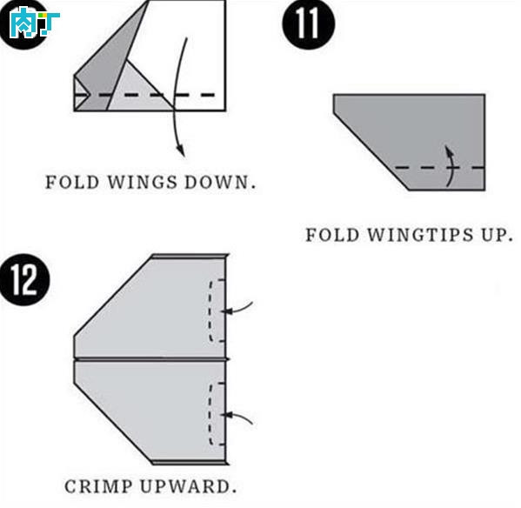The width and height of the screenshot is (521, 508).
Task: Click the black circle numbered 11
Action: (x=309, y=23)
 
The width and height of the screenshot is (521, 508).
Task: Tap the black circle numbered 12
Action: (x=24, y=280)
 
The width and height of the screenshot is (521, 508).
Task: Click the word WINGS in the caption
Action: (x=142, y=183)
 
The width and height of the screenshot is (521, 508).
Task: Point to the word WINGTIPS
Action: (x=420, y=235)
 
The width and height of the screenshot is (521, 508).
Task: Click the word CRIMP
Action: (x=98, y=487)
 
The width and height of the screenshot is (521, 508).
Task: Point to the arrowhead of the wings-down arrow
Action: (x=181, y=150)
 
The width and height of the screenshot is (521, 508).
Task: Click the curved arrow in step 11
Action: (x=451, y=166)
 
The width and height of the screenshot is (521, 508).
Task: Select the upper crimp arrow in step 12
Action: (x=237, y=308)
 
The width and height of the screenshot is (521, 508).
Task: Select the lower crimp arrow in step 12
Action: (x=237, y=418)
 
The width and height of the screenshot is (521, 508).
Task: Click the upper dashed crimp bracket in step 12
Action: (x=210, y=311)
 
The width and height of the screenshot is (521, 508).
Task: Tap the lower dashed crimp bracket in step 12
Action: (x=210, y=414)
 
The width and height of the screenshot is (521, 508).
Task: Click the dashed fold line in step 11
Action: (x=439, y=168)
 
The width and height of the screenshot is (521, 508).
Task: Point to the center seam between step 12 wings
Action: (x=151, y=359)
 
